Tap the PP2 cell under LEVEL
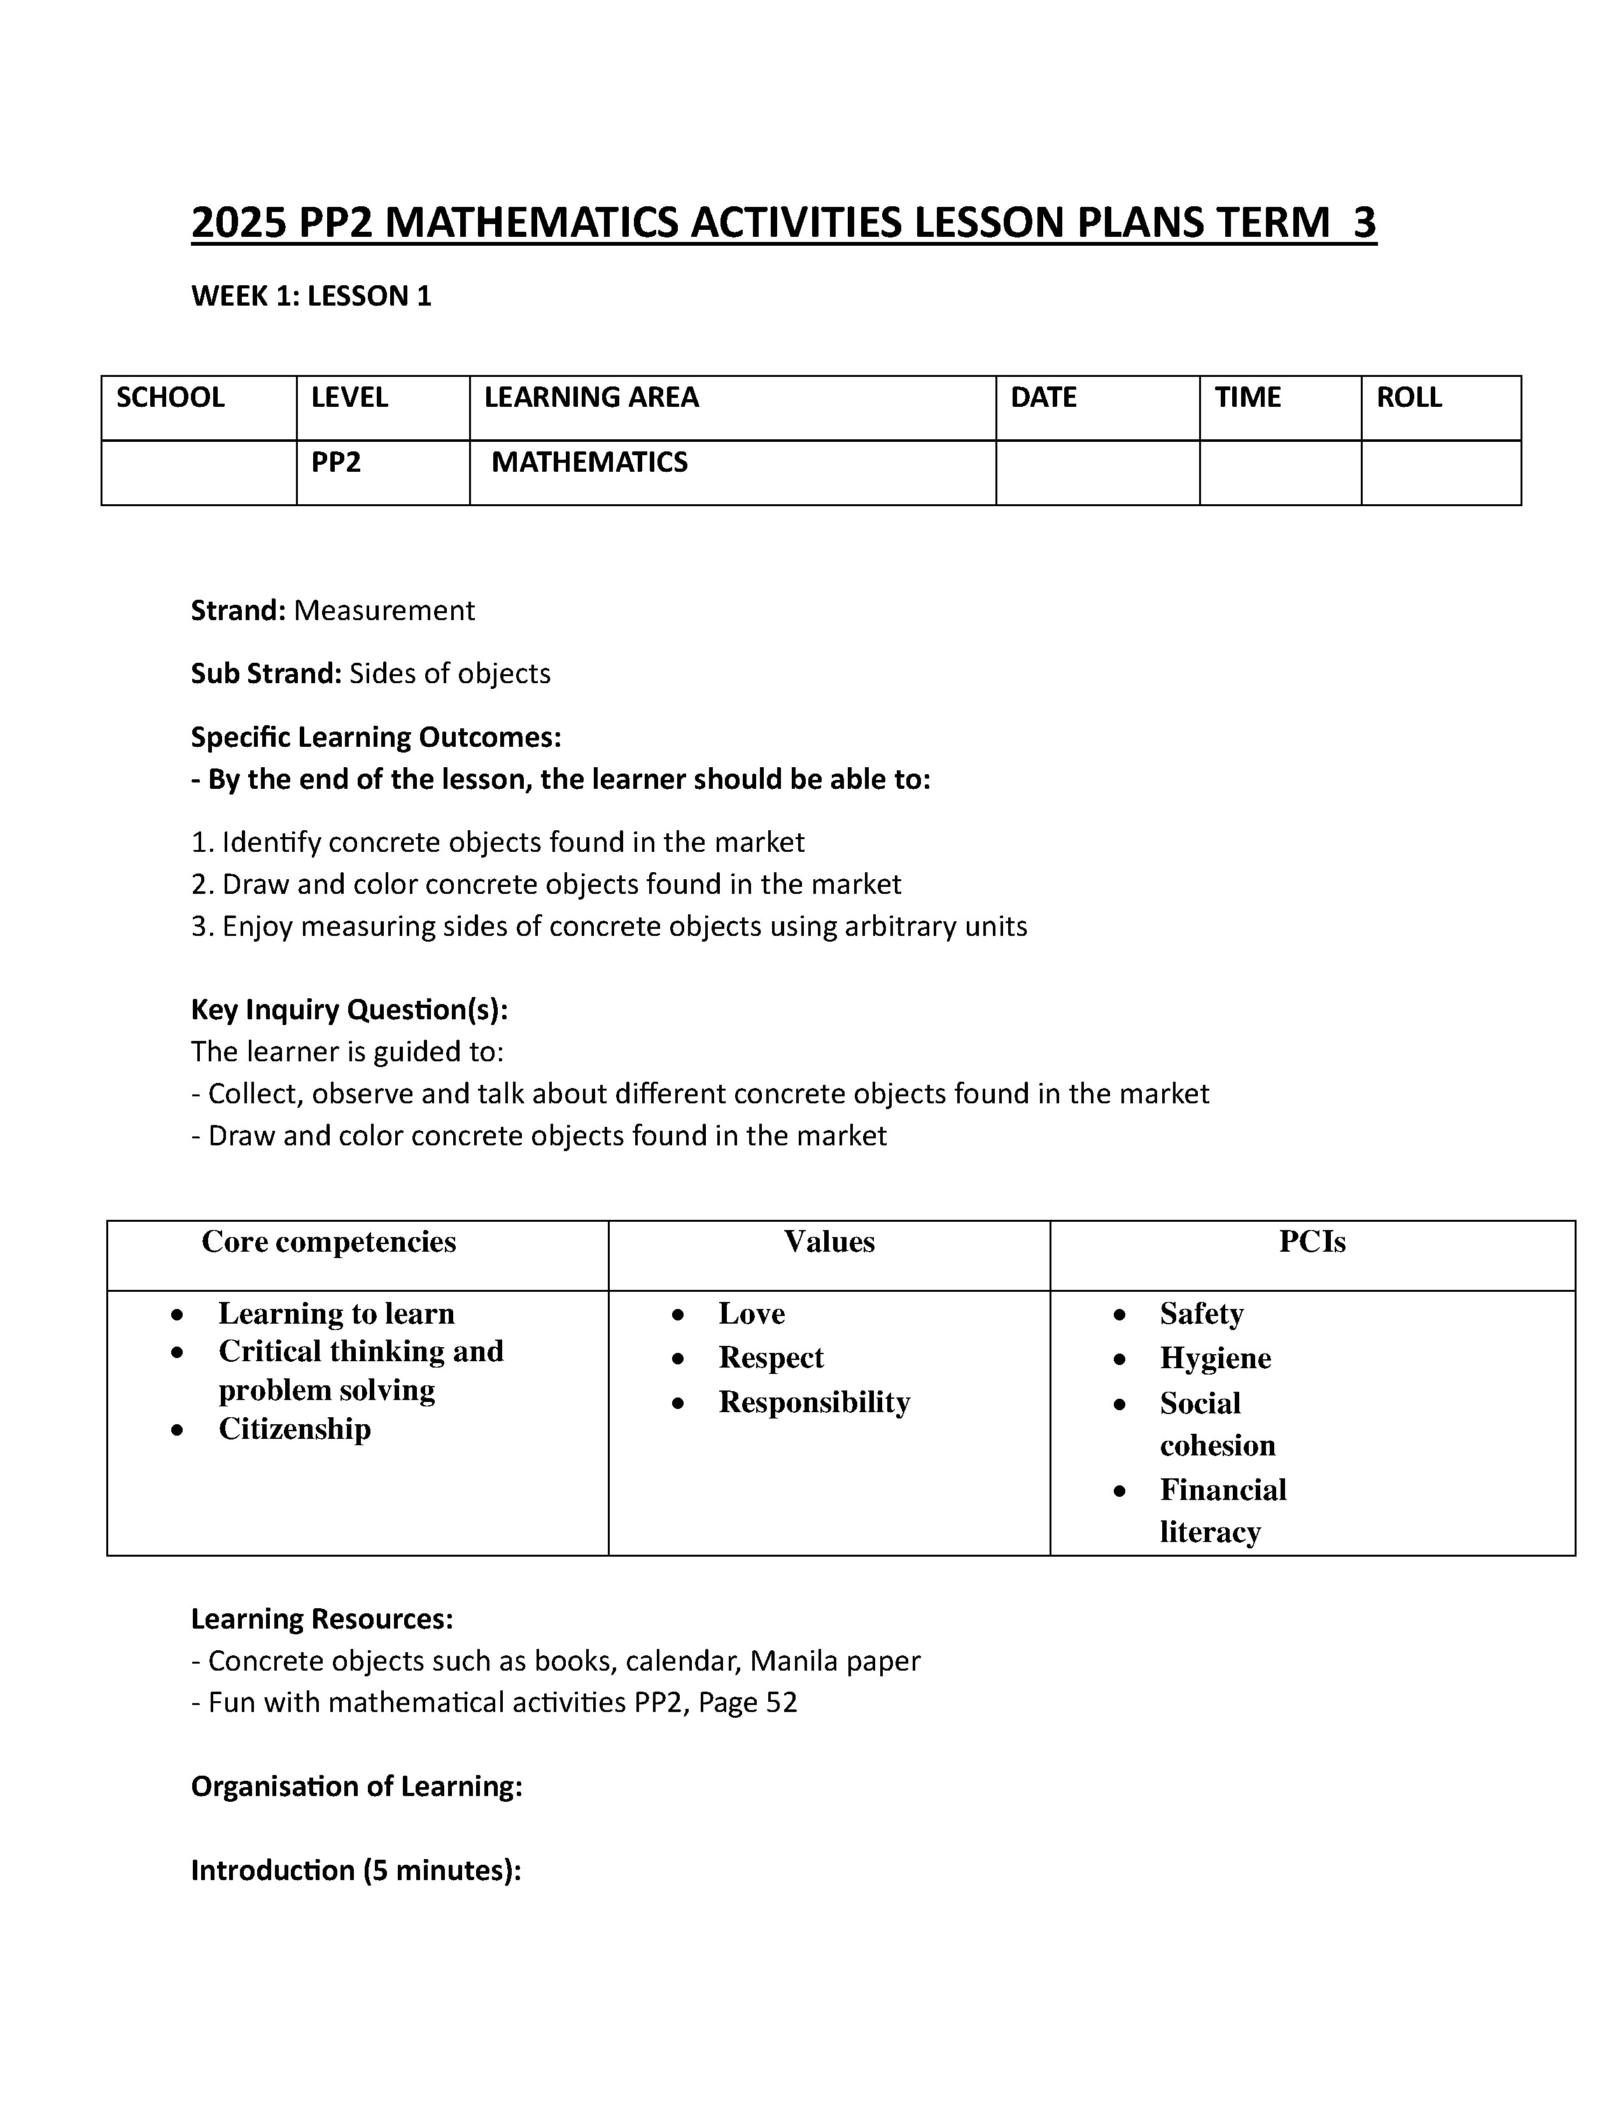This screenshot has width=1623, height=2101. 335,463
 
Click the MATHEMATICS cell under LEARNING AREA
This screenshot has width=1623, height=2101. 589,463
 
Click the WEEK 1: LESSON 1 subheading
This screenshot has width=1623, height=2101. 311,296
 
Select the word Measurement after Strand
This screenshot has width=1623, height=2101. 384,611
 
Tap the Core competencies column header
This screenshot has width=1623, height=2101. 329,1242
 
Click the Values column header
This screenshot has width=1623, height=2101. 829,1242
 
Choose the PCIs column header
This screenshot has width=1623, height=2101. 1312,1242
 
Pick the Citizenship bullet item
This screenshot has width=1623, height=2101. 294,1429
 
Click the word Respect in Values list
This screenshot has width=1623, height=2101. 771,1357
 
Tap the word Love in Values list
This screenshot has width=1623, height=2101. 751,1313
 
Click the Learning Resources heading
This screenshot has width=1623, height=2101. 321,1619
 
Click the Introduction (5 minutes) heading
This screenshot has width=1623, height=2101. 356,1870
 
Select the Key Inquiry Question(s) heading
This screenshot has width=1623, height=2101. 349,1010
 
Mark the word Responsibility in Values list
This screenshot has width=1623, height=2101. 813,1403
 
